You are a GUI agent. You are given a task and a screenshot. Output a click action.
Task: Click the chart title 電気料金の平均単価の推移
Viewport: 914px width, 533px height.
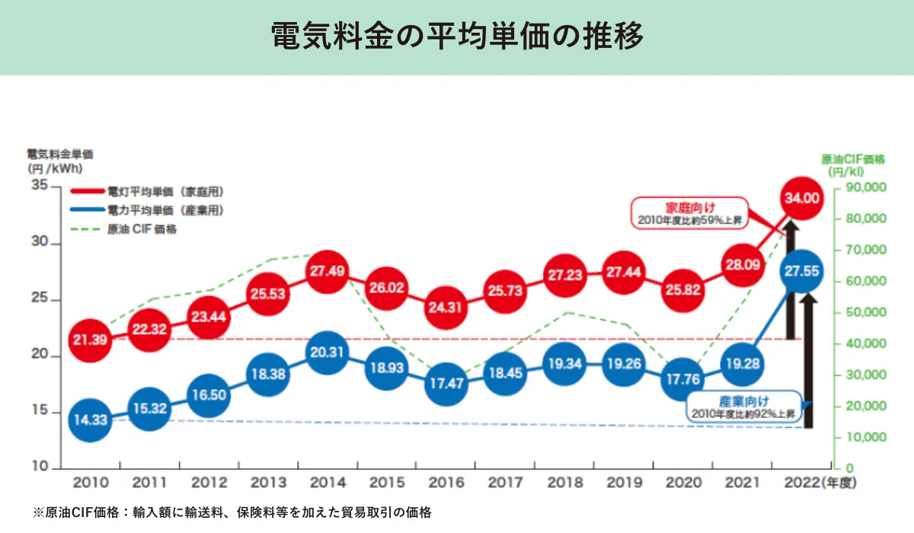(x=457, y=36)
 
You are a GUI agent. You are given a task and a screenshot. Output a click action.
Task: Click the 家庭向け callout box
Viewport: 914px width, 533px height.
(x=690, y=212)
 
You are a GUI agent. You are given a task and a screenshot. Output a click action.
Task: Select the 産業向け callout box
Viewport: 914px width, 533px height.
(x=743, y=407)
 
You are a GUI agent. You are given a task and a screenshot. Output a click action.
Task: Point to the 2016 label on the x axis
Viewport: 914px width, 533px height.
(x=445, y=484)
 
